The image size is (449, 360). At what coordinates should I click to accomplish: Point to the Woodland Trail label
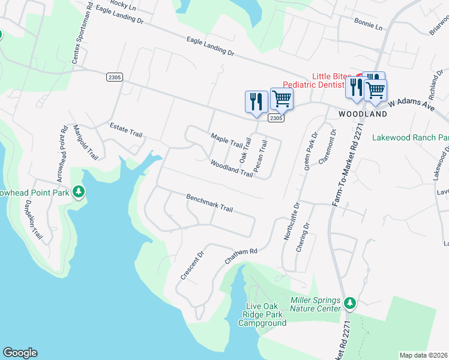coord(231,168)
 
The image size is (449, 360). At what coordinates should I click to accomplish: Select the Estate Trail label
coord(125,130)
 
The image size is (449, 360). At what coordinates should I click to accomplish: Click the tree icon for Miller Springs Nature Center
coord(351,304)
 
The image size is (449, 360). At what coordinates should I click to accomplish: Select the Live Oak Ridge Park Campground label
coord(262,315)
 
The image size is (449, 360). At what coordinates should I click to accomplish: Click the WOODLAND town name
coord(362,113)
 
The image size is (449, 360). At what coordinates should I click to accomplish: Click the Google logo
coord(20,353)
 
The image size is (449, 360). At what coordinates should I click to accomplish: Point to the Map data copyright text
coord(424,355)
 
